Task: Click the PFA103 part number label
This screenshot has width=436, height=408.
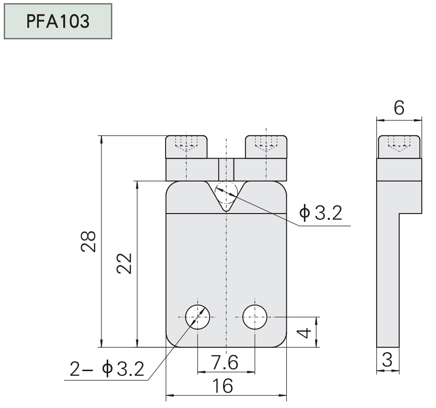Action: click(57, 22)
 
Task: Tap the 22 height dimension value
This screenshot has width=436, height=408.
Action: click(125, 262)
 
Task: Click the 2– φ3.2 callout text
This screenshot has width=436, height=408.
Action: click(106, 369)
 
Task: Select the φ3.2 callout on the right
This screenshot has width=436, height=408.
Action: click(321, 214)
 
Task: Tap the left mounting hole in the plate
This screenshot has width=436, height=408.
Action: click(198, 317)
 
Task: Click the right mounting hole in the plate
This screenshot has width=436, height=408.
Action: click(255, 317)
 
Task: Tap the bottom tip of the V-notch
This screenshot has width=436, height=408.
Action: click(226, 211)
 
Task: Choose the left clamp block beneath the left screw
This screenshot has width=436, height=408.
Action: click(191, 169)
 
